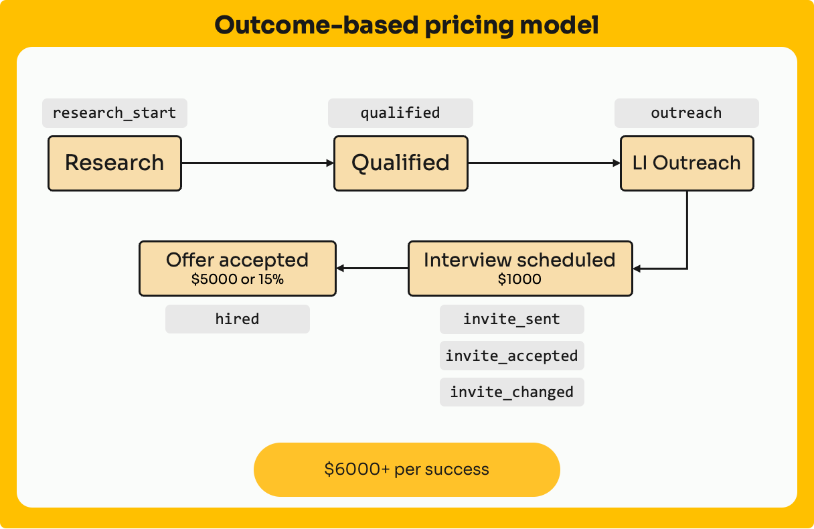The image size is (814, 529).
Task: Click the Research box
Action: tap(114, 163)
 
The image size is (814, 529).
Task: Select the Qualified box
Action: tap(400, 163)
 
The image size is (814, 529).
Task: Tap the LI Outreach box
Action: tap(687, 163)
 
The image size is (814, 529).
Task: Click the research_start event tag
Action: tap(114, 113)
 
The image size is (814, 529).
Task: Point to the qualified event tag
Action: tap(400, 113)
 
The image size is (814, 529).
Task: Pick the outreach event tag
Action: tap(687, 113)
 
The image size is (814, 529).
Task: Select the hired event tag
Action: tap(238, 319)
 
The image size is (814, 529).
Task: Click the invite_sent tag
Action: tap(512, 319)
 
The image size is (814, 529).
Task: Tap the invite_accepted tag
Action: tap(512, 356)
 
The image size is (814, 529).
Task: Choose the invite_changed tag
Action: tap(512, 392)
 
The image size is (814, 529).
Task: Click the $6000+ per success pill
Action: tap(406, 469)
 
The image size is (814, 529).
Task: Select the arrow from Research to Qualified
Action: tap(258, 163)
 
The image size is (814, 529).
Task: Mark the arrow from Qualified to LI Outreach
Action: tap(544, 163)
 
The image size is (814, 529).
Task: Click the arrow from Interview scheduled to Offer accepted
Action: tap(372, 269)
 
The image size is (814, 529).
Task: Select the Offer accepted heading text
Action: tap(238, 260)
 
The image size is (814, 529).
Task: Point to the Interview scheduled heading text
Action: tap(519, 260)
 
